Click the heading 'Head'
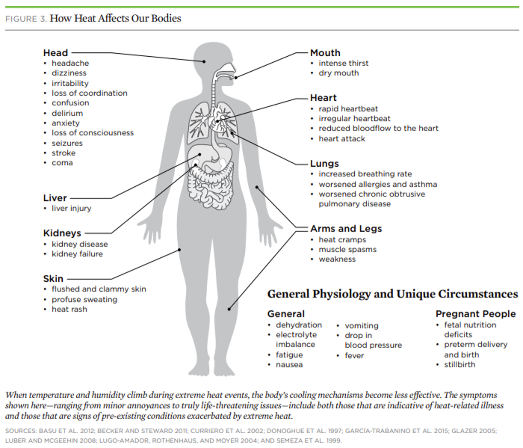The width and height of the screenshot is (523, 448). (x=56, y=53)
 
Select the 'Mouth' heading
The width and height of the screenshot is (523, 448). (x=325, y=53)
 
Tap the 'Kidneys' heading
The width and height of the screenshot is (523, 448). (x=62, y=233)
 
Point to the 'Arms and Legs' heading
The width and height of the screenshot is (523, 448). (x=346, y=229)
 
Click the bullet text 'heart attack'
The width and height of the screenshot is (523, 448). (x=342, y=139)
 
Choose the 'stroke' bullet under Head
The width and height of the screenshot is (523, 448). (x=63, y=153)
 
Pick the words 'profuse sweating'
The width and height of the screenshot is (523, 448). (x=85, y=300)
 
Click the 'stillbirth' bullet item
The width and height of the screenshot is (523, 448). (x=460, y=364)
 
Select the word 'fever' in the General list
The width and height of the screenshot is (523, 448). (x=354, y=356)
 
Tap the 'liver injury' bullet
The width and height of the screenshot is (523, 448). (x=71, y=209)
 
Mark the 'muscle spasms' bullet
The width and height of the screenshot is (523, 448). (x=348, y=249)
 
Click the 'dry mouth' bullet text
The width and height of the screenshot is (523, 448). (x=339, y=73)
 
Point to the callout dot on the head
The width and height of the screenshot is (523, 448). (x=204, y=62)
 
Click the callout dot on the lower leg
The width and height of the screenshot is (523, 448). (x=229, y=309)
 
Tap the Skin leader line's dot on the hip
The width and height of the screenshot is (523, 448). (x=179, y=250)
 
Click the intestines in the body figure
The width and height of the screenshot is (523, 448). (x=211, y=186)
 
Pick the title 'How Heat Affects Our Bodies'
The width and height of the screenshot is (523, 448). (x=115, y=19)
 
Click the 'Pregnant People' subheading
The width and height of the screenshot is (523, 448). (x=476, y=314)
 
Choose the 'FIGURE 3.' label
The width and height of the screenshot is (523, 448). (x=26, y=19)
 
